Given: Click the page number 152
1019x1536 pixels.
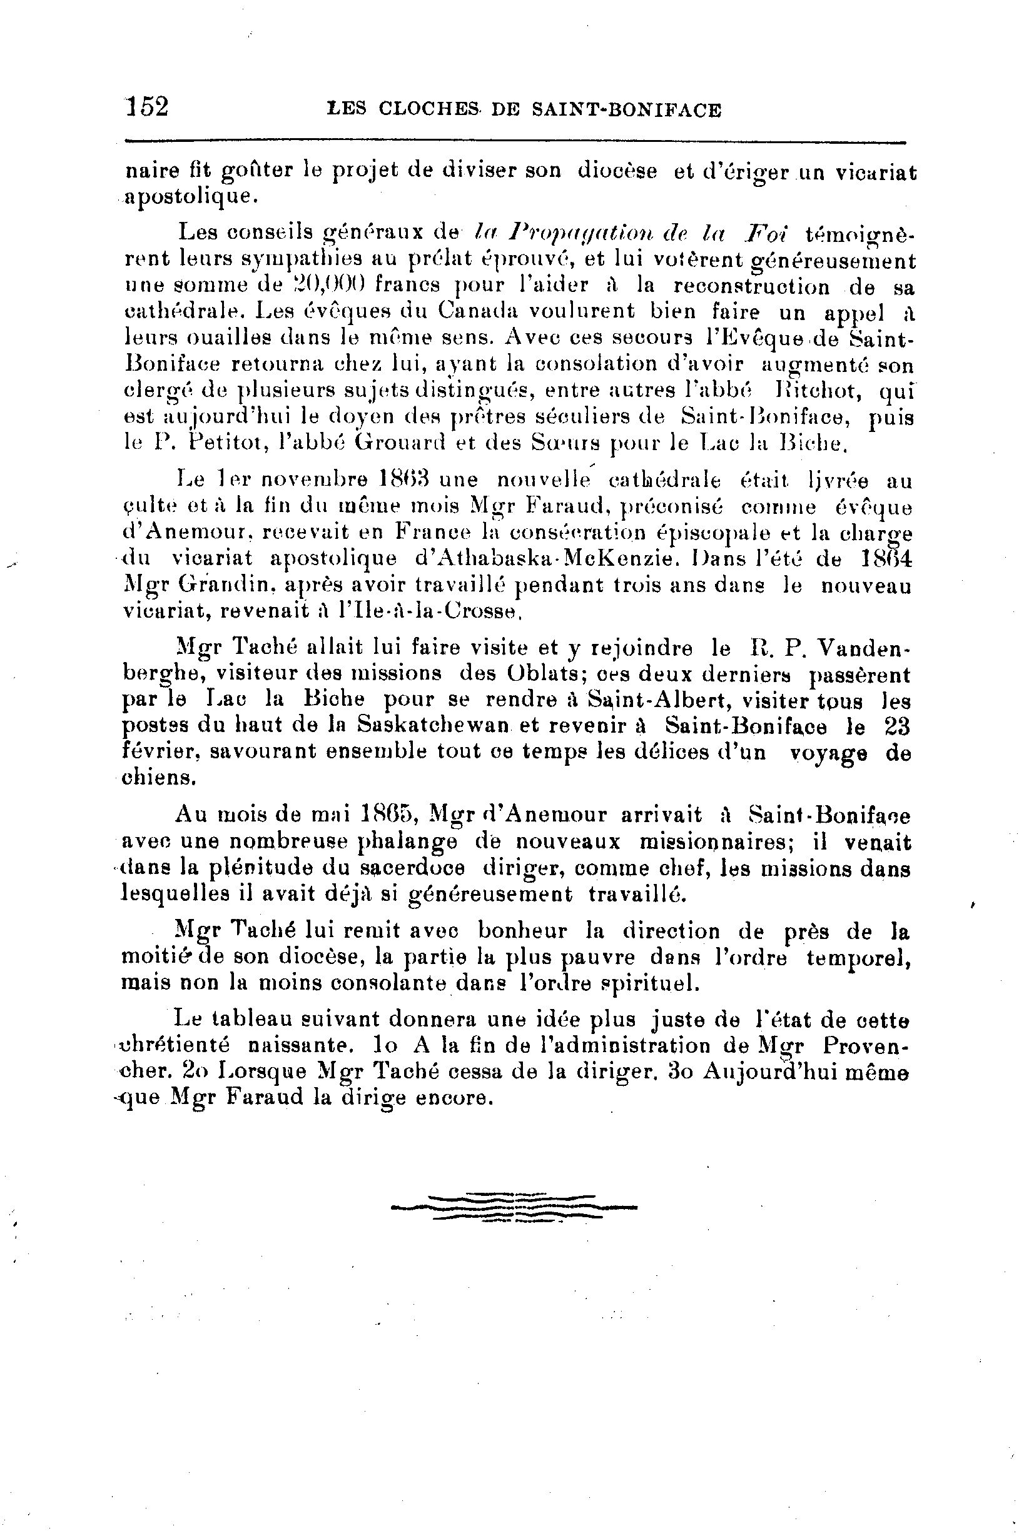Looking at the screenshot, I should (x=148, y=106).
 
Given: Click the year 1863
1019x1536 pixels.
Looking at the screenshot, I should (x=405, y=481).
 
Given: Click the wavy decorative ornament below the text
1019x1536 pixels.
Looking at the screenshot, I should (x=514, y=1207).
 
